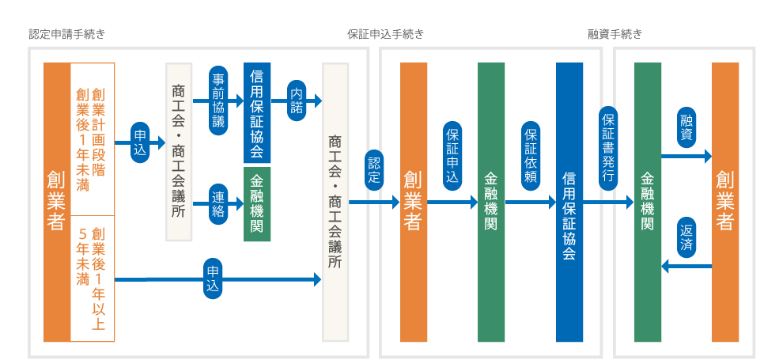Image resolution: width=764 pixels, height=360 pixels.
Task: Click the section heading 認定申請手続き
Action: [x=66, y=35]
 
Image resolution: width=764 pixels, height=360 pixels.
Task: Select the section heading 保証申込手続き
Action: [x=386, y=35]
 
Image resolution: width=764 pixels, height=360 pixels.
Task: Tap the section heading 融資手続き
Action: [x=615, y=35]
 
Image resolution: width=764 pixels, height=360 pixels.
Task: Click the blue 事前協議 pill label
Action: [x=219, y=100]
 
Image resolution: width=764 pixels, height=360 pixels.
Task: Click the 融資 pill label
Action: [x=686, y=127]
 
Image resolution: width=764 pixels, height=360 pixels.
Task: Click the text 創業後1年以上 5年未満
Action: [x=92, y=277]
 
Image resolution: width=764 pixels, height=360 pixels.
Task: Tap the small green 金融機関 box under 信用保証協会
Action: [x=257, y=204]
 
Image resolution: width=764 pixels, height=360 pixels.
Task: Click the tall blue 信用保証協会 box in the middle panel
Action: [x=569, y=203]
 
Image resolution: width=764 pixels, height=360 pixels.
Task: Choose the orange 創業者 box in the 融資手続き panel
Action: [x=725, y=203]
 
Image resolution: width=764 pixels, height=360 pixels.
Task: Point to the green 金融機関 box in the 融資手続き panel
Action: [x=648, y=203]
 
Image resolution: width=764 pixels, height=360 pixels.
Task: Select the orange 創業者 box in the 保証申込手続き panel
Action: [x=414, y=203]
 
